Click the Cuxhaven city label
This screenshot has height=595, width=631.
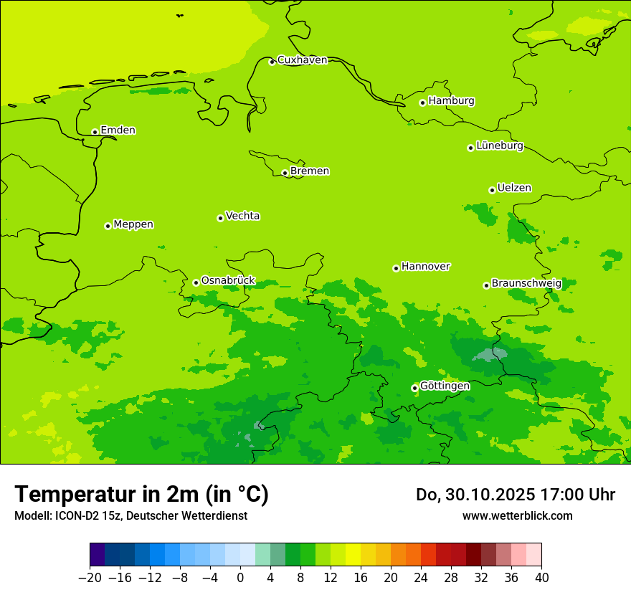coord(302,60)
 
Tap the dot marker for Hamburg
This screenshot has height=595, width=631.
coord(422,103)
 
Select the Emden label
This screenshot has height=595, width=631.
coord(118,130)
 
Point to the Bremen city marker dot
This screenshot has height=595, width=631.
coord(285,173)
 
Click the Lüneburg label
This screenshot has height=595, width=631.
coord(499,146)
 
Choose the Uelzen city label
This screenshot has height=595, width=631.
coord(514,189)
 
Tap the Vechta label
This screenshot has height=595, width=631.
coord(242,216)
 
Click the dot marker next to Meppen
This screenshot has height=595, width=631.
coord(108,226)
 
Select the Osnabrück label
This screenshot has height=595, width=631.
coord(227,280)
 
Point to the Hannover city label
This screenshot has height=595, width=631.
coord(425,267)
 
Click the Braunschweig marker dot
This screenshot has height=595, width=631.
coord(486,285)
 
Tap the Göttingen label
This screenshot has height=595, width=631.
coord(445,386)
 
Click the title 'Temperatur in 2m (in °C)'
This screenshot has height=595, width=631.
coord(141,494)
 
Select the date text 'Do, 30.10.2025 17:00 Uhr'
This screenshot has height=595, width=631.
coord(515,495)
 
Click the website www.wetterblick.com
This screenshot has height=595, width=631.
coord(517,515)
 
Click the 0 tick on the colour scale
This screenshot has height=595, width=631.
coord(240,578)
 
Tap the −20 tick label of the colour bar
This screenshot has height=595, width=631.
coord(90,578)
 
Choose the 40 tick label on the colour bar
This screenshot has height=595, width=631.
coord(541,578)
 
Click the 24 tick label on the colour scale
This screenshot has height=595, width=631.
coord(421,578)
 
